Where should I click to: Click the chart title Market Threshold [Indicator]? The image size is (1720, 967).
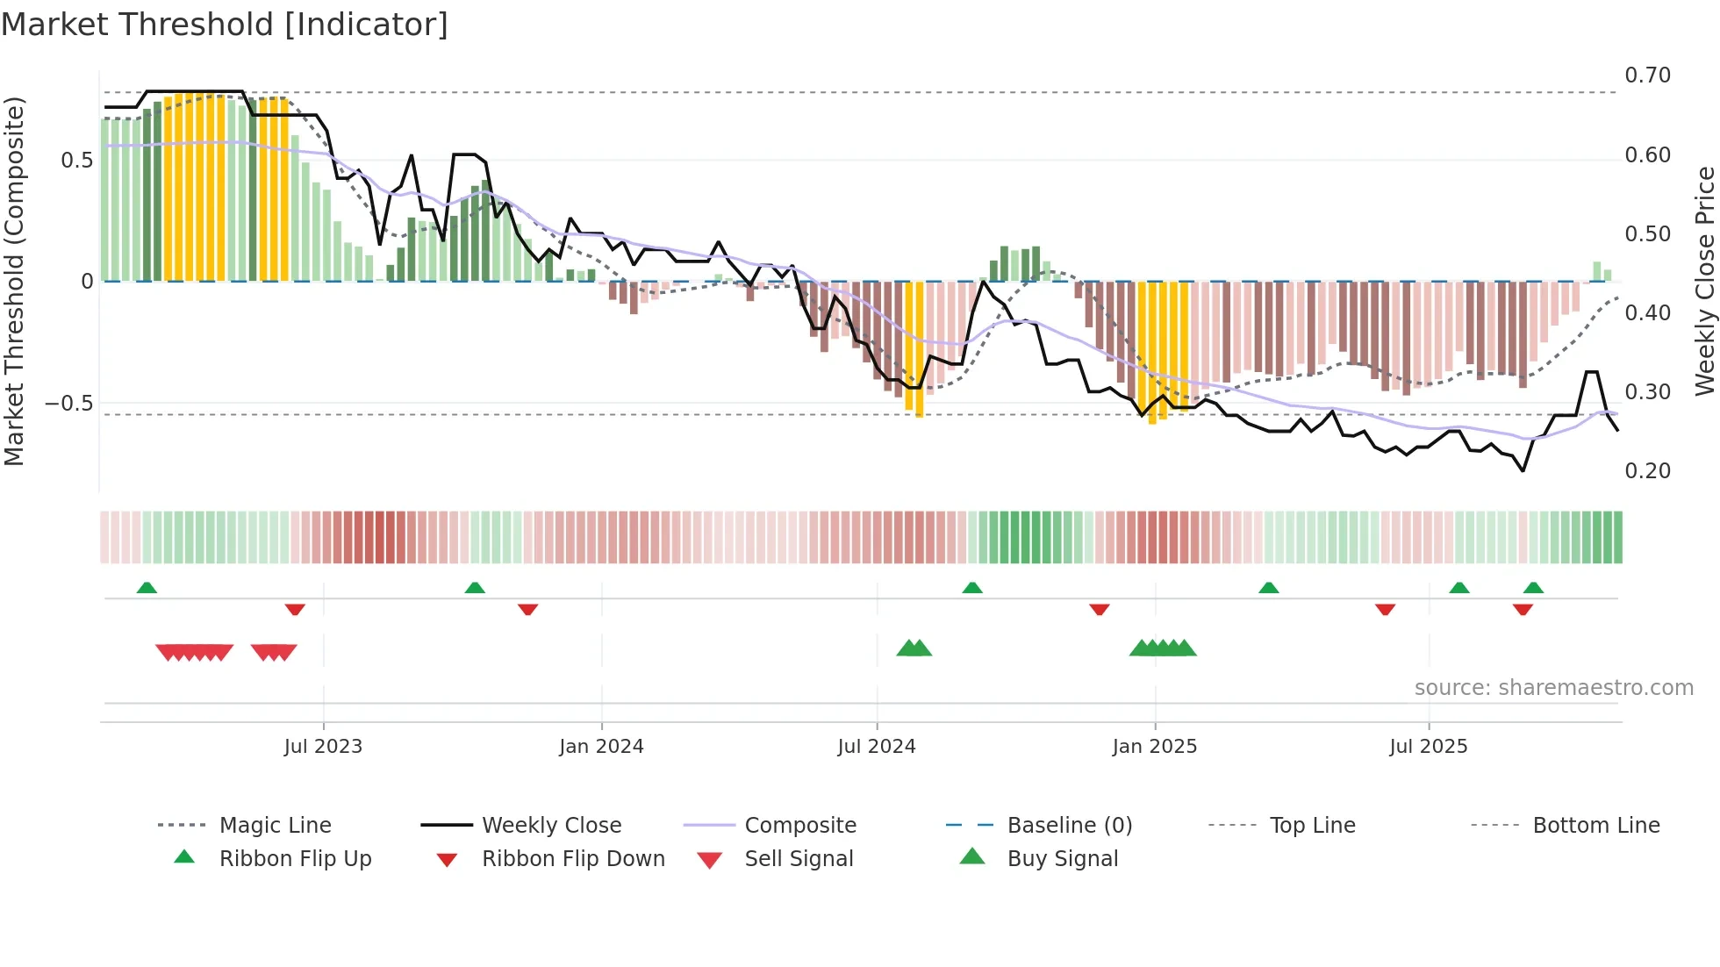(225, 25)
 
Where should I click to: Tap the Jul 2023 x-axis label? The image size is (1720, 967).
(323, 747)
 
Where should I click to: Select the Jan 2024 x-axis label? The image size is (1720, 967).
(601, 747)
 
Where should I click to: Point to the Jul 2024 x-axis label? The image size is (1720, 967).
(876, 747)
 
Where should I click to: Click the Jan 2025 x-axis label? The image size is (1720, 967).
(1154, 747)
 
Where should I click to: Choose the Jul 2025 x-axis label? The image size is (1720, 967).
(1428, 747)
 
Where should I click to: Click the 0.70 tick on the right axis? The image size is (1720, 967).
(1647, 75)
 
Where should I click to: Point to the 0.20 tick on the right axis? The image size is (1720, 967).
(1647, 471)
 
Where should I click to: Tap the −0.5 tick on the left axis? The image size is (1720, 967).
(68, 404)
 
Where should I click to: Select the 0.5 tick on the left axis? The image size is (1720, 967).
(76, 161)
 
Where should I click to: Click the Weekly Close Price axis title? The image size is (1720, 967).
(1704, 281)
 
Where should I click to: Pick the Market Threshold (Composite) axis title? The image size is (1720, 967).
(14, 281)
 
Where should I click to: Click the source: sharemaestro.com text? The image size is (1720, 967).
(1553, 688)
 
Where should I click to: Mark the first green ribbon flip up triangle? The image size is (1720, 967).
(147, 588)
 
